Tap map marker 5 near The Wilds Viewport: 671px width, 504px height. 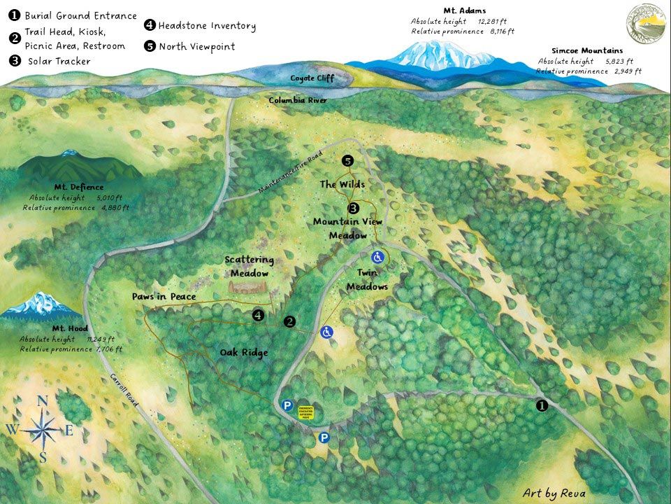click(x=347, y=161)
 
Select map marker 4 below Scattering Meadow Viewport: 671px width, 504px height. click(x=259, y=316)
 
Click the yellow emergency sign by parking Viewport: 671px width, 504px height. click(x=306, y=412)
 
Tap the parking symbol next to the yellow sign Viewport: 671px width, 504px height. click(x=287, y=405)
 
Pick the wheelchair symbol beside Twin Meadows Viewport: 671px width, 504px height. click(x=378, y=256)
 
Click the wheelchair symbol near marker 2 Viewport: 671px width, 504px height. click(x=326, y=332)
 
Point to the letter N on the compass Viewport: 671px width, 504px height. click(x=42, y=401)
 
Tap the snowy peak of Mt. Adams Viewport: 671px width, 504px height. click(x=426, y=50)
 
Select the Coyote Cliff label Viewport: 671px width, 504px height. click(x=312, y=78)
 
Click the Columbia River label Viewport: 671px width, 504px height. click(x=298, y=101)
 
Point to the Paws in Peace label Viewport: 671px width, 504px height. click(x=164, y=297)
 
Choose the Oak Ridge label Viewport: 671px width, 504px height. click(x=243, y=353)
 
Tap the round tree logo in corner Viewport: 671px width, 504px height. click(x=646, y=24)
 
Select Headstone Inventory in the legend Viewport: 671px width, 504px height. click(x=207, y=26)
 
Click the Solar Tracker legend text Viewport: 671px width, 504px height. click(x=59, y=62)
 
